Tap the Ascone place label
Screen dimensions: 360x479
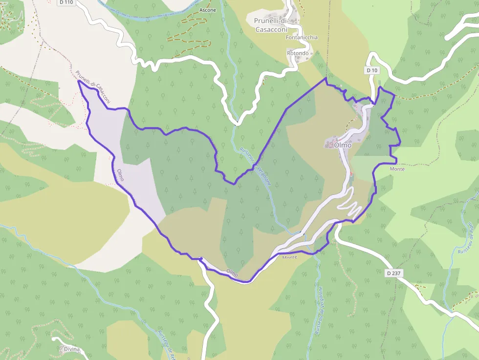point(208,10)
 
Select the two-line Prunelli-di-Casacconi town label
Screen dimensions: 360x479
point(272,25)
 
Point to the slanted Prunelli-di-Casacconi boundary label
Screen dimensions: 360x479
point(93,87)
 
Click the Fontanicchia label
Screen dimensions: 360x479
point(302,38)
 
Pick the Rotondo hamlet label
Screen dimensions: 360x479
point(298,53)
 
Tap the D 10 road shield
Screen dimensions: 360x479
point(372,70)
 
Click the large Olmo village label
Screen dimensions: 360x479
point(343,145)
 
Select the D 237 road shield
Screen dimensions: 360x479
point(393,273)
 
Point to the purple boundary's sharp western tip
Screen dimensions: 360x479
point(78,81)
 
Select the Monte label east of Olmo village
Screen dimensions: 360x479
point(397,169)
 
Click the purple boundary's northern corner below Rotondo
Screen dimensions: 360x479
point(326,78)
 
